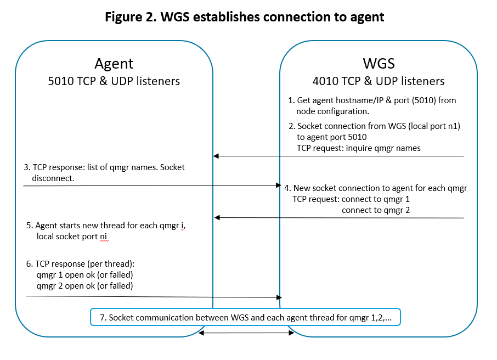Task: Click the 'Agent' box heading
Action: (x=114, y=63)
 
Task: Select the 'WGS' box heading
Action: (x=379, y=63)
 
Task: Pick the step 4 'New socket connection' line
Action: (x=375, y=188)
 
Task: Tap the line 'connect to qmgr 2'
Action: (x=376, y=210)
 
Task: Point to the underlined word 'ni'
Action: (x=104, y=237)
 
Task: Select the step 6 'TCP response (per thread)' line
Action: (x=80, y=263)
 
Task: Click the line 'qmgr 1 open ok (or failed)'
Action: (x=85, y=274)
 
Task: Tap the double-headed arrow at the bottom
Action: (x=246, y=333)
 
